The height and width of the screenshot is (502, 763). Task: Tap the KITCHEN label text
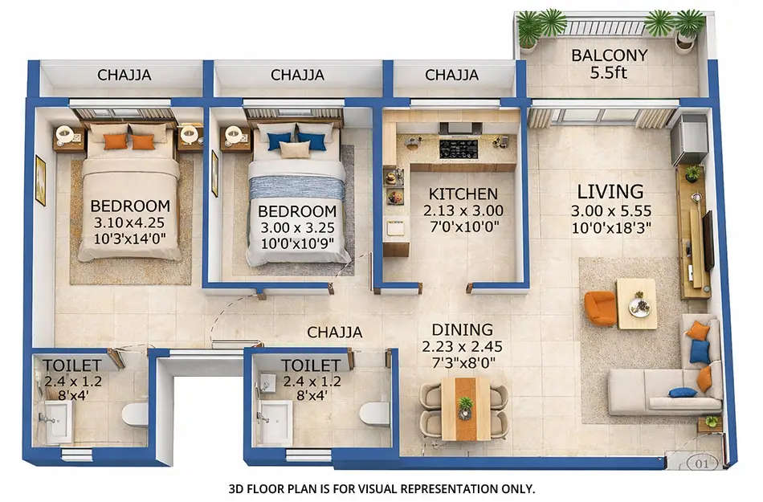tap(463, 194)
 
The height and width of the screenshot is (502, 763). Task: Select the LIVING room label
tap(610, 191)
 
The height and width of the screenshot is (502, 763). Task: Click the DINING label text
tap(462, 330)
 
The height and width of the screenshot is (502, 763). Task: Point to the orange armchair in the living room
tap(600, 308)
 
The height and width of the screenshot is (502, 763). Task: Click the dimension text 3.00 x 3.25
tap(296, 227)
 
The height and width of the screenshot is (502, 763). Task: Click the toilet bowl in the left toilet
tap(135, 414)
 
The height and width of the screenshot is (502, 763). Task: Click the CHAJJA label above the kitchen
tap(451, 76)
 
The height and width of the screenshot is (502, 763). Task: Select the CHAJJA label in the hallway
tap(335, 332)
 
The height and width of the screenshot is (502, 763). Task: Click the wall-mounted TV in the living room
tap(708, 239)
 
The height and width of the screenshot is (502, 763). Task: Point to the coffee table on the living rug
tap(637, 304)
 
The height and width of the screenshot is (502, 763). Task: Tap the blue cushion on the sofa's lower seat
tap(683, 393)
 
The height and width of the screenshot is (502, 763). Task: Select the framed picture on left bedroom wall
tap(40, 181)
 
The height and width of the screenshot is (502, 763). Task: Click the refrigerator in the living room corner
tap(689, 138)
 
